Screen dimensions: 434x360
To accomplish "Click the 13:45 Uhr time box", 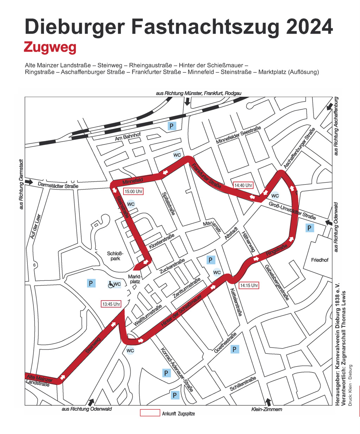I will (111, 304).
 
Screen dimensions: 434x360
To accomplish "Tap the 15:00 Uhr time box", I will (134, 192).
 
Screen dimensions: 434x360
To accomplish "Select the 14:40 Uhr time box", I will (243, 185).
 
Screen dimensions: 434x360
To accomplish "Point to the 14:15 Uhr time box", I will (249, 285).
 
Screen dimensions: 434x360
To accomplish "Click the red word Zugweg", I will (50, 47).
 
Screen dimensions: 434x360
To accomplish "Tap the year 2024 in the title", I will (309, 27).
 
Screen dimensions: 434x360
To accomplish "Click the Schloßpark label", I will (115, 256).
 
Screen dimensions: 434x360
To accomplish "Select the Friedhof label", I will (320, 260).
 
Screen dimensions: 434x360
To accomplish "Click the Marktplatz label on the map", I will (135, 279).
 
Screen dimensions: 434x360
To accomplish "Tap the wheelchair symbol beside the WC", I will (111, 284).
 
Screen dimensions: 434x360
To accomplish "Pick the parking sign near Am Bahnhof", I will (172, 126).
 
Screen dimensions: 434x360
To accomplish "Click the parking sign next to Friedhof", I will (309, 228).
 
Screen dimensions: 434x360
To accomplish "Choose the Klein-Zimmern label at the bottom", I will (266, 409).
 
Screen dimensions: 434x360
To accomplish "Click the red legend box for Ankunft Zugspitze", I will (150, 413).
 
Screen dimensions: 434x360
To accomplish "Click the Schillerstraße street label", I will (243, 384).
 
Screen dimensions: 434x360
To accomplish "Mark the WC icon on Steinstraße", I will (131, 204).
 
